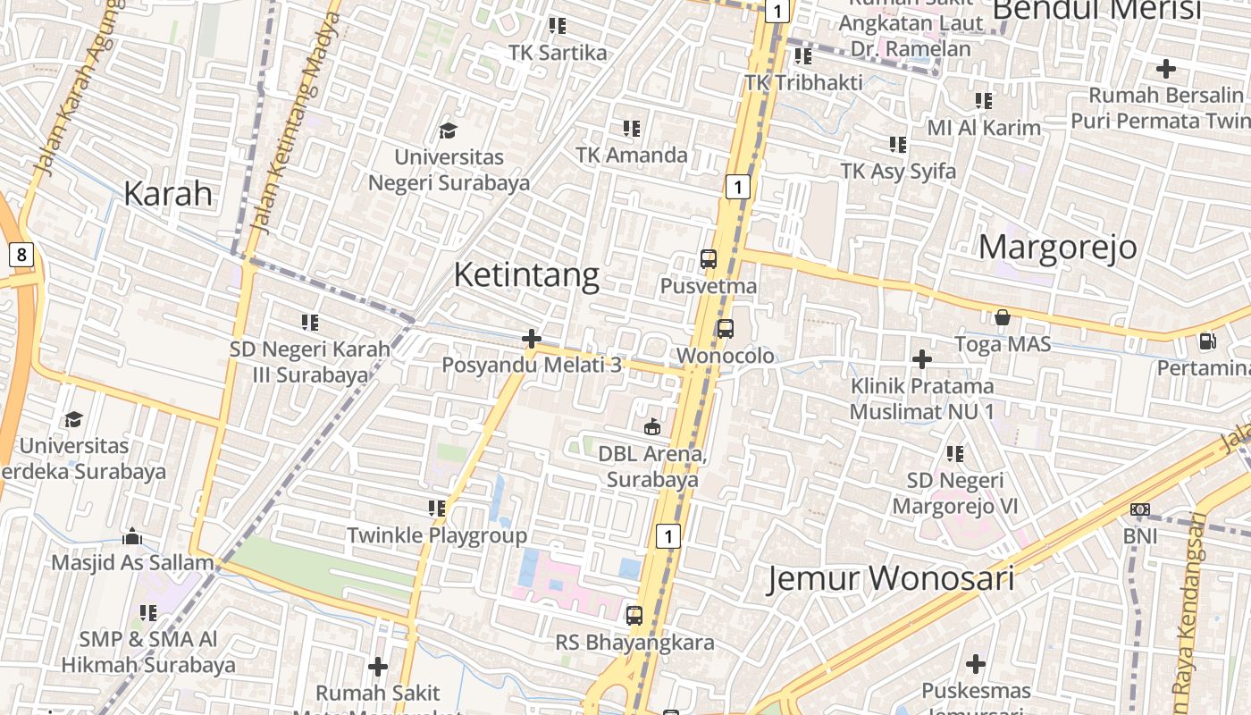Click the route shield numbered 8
[x=21, y=256]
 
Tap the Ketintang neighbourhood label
[x=526, y=274]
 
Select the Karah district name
[x=168, y=193]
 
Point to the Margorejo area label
[x=1058, y=247]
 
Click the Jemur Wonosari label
[x=891, y=578]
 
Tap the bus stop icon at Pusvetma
[x=709, y=260]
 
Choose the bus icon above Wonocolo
[x=726, y=329]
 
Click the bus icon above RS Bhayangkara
[x=634, y=616]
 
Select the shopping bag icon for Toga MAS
[x=1003, y=317]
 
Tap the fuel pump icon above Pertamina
[x=1207, y=341]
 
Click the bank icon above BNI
[x=1140, y=509]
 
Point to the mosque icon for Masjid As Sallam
[x=132, y=536]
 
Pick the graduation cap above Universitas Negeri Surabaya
[x=448, y=130]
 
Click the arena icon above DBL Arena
[x=652, y=427]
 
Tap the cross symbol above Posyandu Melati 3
[x=532, y=339]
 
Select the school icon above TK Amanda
[x=632, y=129]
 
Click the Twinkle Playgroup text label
[x=437, y=535]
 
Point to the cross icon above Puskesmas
[x=976, y=664]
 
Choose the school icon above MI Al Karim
[x=984, y=101]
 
